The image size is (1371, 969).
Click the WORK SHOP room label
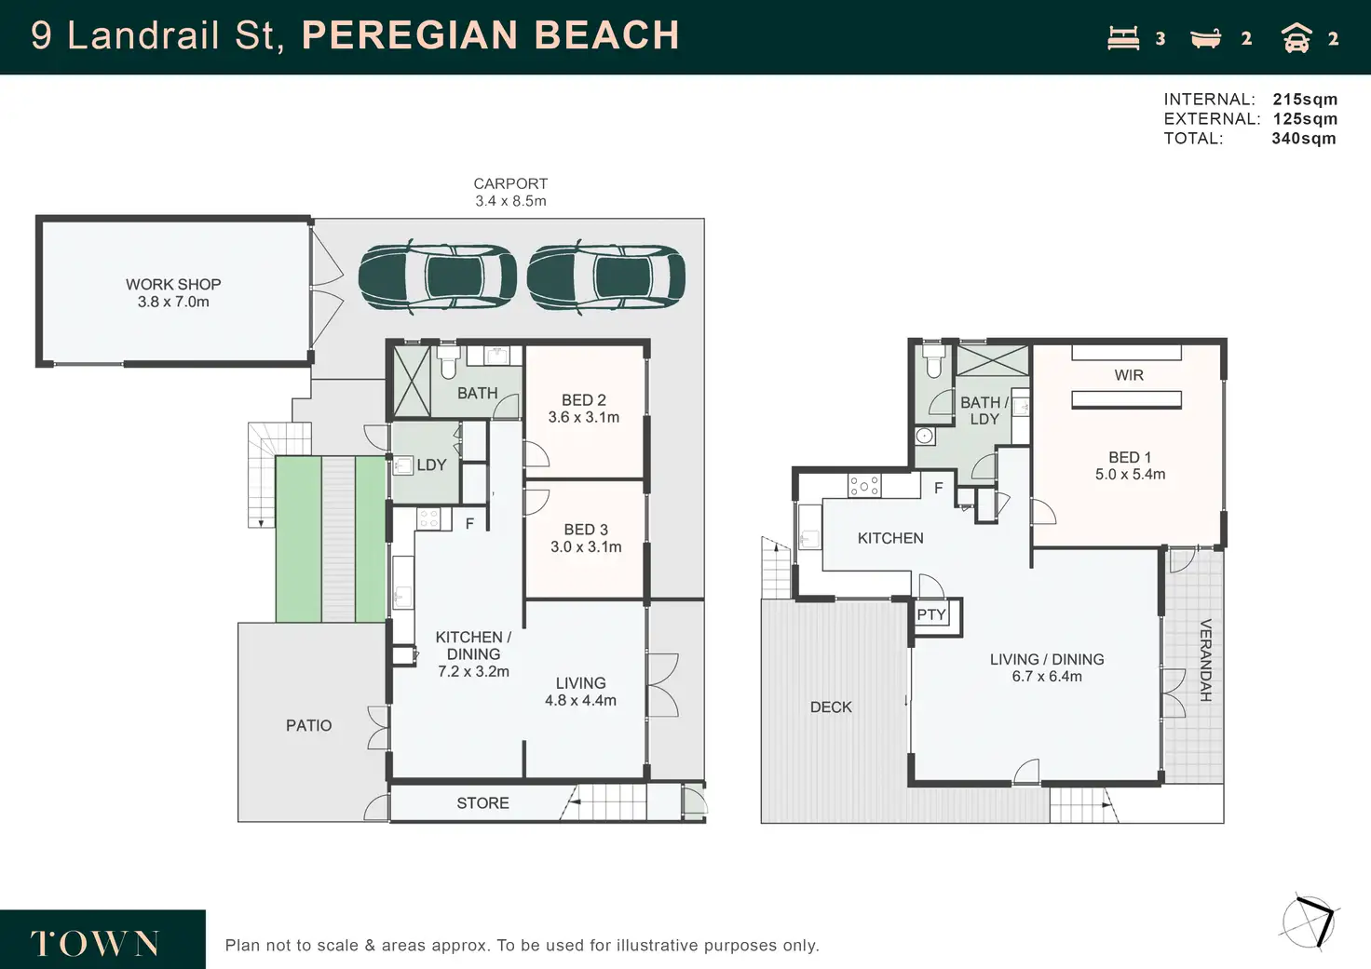point(173,293)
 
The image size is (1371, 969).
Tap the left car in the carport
point(437,276)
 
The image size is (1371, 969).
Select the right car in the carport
point(606,276)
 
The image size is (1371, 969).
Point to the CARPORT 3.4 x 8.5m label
point(510,192)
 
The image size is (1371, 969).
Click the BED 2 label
point(584,400)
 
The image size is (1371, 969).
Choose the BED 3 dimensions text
point(586,547)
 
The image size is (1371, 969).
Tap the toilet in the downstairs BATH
point(449,361)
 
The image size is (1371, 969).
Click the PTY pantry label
point(931,614)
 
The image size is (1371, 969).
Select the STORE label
point(482,802)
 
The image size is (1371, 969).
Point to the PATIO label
point(308,725)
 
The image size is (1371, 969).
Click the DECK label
point(831,707)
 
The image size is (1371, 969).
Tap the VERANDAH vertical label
point(1205,660)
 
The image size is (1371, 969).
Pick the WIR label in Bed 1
point(1129,375)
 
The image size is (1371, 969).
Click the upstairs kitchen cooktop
point(864,486)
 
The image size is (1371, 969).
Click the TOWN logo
point(95,943)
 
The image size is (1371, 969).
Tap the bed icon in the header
point(1124,38)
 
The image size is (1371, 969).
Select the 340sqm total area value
point(1304,139)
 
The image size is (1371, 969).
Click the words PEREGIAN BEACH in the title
point(491,34)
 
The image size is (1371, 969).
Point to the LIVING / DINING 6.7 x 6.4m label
point(1047,668)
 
